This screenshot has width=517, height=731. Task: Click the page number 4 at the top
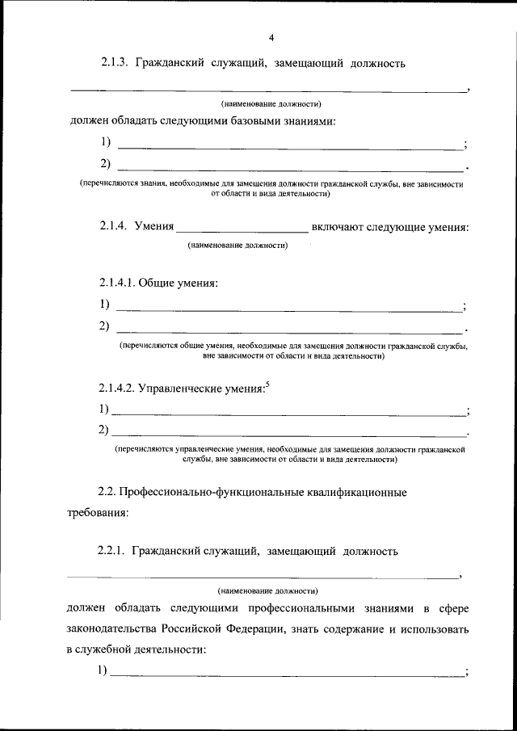pyautogui.click(x=271, y=37)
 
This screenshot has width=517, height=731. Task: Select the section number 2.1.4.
pyautogui.click(x=115, y=227)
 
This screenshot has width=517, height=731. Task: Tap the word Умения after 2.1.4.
pyautogui.click(x=154, y=227)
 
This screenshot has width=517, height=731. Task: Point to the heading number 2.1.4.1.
pyautogui.click(x=118, y=283)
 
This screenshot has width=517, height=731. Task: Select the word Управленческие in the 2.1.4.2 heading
pyautogui.click(x=183, y=388)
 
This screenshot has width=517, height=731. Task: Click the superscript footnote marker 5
pyautogui.click(x=267, y=384)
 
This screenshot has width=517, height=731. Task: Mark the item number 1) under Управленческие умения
pyautogui.click(x=103, y=409)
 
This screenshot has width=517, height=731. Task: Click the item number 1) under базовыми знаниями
pyautogui.click(x=106, y=143)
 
